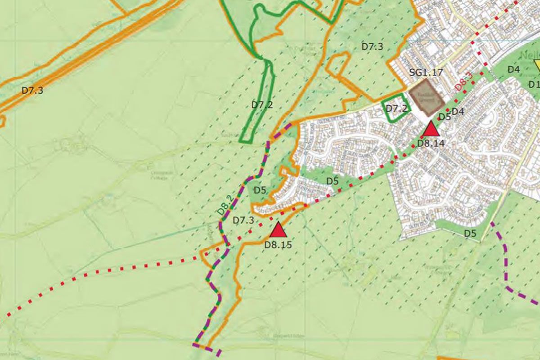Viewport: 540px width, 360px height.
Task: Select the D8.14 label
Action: [431, 144]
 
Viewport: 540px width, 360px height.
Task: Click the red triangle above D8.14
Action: [431, 129]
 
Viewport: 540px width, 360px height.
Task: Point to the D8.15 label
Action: [278, 245]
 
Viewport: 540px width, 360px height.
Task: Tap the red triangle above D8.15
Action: [279, 230]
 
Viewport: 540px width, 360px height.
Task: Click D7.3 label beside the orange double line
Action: [32, 90]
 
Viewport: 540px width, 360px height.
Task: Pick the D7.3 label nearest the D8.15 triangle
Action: [243, 220]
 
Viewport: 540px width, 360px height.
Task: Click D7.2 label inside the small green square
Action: [396, 108]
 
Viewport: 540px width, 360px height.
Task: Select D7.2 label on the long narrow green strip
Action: [262, 105]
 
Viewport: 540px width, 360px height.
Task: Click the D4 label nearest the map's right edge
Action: [514, 69]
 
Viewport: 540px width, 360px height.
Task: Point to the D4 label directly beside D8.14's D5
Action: [458, 111]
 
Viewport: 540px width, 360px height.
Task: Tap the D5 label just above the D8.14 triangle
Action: [445, 117]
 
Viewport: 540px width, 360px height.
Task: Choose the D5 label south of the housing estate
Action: [470, 233]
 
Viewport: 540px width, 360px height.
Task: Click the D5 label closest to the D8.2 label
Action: [260, 189]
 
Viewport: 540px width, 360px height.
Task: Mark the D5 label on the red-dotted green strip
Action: [332, 181]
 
